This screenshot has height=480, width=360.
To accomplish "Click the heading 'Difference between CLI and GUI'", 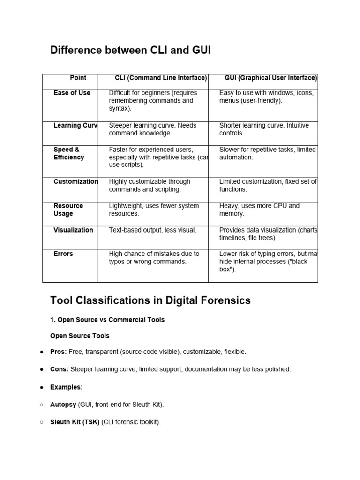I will [130, 50].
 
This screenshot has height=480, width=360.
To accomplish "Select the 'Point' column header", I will [78, 78].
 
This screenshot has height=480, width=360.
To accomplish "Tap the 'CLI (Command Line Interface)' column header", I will [161, 78].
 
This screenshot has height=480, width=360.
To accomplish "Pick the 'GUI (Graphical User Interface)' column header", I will [271, 78].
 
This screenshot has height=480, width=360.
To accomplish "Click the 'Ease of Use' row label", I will [72, 93].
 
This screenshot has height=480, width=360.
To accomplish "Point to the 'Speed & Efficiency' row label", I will [68, 153].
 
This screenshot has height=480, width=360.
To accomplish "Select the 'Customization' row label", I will [76, 181].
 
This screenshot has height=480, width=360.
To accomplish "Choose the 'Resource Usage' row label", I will [68, 210].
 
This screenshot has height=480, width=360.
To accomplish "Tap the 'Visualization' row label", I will [73, 230].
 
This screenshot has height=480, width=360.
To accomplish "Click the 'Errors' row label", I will [63, 254].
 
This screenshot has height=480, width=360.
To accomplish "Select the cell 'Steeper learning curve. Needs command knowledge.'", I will [152, 129].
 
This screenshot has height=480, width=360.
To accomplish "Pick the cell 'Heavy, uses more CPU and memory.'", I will [259, 210].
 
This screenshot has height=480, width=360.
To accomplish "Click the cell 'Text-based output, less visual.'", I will [152, 230].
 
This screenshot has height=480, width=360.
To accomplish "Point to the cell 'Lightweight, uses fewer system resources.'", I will [154, 210].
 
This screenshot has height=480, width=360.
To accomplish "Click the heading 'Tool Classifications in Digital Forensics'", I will [150, 300].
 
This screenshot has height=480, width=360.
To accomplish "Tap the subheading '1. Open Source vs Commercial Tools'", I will [107, 320].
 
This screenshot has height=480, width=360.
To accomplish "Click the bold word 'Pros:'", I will [59, 352].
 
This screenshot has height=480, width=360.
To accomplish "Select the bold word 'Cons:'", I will [59, 369].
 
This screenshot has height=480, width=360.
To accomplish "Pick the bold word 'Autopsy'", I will [63, 405].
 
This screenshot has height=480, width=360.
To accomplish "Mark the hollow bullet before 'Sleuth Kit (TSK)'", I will [42, 422].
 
